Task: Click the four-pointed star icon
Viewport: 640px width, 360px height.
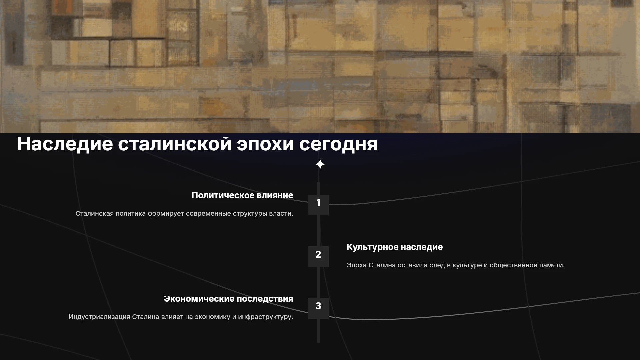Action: [x=320, y=164]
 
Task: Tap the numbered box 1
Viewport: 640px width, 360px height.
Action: [x=318, y=205]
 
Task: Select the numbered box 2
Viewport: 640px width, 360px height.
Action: [x=318, y=256]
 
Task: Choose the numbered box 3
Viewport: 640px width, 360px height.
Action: [x=318, y=308]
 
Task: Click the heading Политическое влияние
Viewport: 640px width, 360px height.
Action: [x=242, y=195]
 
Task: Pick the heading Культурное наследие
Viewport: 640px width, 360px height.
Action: [x=395, y=247]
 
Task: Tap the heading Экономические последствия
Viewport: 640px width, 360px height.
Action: [x=228, y=299]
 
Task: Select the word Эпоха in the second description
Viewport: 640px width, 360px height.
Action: [x=356, y=265]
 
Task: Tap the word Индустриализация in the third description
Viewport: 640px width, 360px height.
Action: [x=99, y=317]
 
